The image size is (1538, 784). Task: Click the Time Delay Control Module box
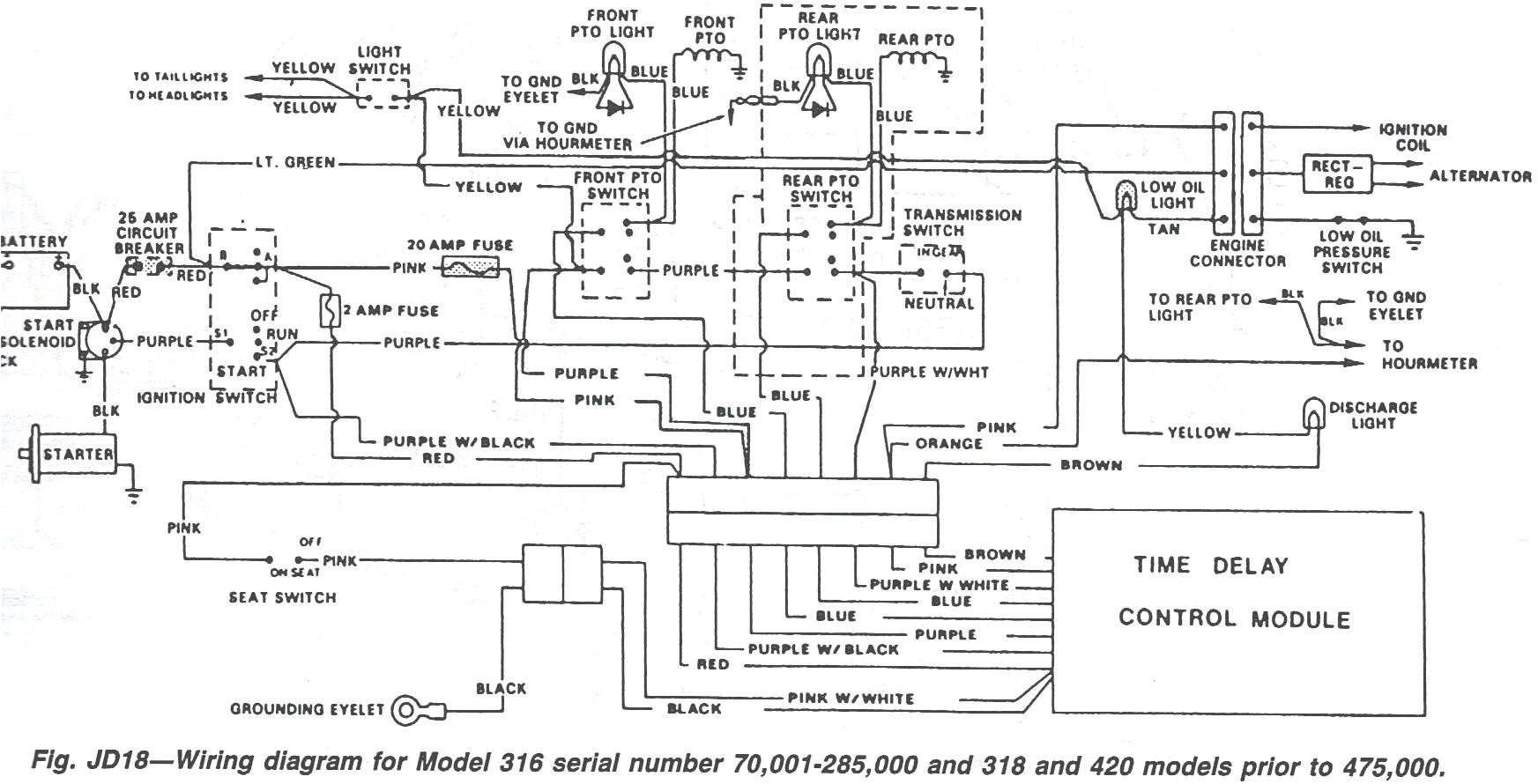pyautogui.click(x=1237, y=611)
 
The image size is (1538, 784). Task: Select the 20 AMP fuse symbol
pyautogui.click(x=469, y=266)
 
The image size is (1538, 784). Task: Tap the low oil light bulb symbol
pyautogui.click(x=1126, y=196)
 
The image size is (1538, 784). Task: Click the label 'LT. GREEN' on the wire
pyautogui.click(x=295, y=162)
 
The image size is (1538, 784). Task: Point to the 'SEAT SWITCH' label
pyautogui.click(x=282, y=597)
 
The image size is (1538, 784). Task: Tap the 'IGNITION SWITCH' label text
pyautogui.click(x=206, y=397)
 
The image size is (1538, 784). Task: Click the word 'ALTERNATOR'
pyautogui.click(x=1480, y=176)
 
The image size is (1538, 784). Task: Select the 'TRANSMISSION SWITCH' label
pyautogui.click(x=962, y=222)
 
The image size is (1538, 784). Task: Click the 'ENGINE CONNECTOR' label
pyautogui.click(x=1237, y=253)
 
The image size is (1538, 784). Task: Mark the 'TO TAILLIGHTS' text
pyautogui.click(x=180, y=77)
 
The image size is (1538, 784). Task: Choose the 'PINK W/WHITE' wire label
pyautogui.click(x=851, y=698)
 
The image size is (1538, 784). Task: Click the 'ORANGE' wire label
pyautogui.click(x=948, y=443)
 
